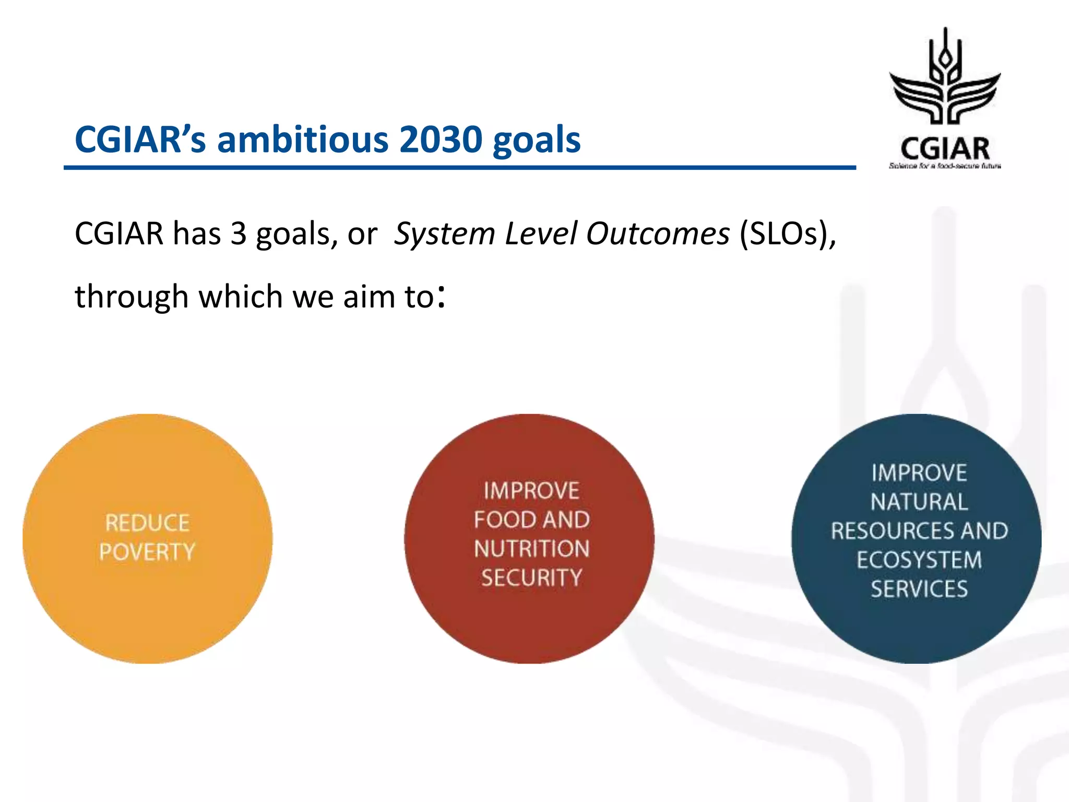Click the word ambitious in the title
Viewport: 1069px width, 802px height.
click(x=303, y=140)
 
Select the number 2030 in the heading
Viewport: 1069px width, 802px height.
click(x=441, y=140)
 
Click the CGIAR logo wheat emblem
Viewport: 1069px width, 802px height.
click(x=945, y=78)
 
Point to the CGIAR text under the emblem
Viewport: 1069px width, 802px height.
click(x=945, y=148)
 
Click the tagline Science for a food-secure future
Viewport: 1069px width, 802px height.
click(x=945, y=166)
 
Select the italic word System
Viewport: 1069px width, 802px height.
click(x=444, y=233)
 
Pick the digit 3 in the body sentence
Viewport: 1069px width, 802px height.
click(x=239, y=233)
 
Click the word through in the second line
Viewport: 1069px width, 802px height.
click(x=131, y=297)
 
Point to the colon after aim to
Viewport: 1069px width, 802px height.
click(x=442, y=297)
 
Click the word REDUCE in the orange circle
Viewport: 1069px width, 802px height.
click(x=147, y=523)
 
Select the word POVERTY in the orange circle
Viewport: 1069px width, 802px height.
click(x=147, y=552)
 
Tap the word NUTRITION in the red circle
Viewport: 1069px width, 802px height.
click(x=531, y=549)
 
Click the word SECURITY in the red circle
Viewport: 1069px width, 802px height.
click(x=531, y=578)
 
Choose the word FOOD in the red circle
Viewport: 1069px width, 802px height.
click(x=504, y=520)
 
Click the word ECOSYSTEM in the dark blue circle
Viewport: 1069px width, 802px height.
click(x=919, y=560)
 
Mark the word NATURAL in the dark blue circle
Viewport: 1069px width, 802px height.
click(x=919, y=502)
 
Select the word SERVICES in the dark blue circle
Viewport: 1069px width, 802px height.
click(x=919, y=589)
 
